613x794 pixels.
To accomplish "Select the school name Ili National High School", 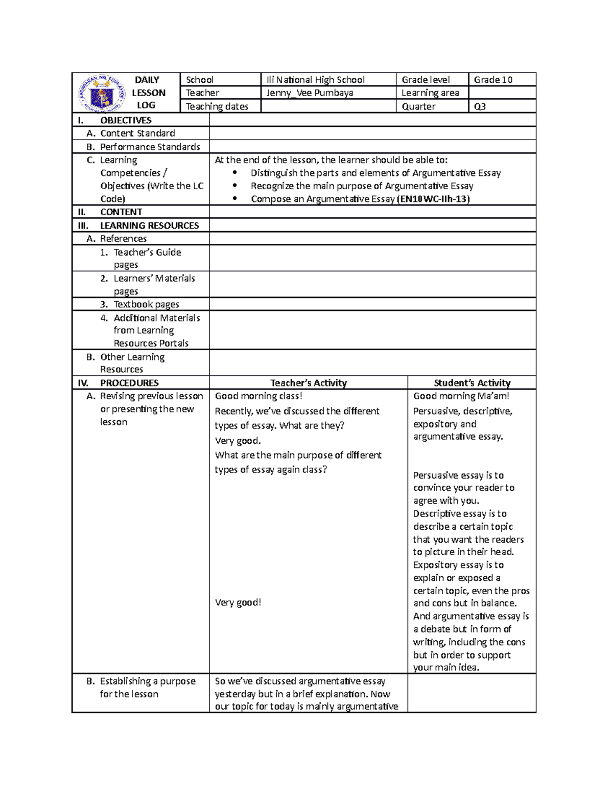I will click(315, 80).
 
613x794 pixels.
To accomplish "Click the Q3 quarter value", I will click(480, 106).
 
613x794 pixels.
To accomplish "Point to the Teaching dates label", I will click(217, 106).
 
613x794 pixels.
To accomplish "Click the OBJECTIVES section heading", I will click(126, 120).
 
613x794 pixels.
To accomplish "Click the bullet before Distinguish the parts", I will click(235, 173).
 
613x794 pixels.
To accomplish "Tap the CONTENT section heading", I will click(121, 212).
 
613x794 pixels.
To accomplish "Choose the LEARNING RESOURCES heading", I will click(149, 225).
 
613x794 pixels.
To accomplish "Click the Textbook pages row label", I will click(146, 304).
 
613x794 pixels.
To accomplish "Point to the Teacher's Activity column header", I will click(309, 383).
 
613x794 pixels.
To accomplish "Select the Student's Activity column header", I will click(472, 383).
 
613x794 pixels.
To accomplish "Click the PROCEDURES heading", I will click(129, 383).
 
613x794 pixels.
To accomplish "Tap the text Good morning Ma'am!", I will click(461, 396).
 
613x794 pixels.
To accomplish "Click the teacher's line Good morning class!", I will click(258, 396).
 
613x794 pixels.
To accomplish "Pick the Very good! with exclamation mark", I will click(238, 602).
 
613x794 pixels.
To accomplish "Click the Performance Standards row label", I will click(150, 147).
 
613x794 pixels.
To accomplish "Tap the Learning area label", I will click(430, 93).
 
